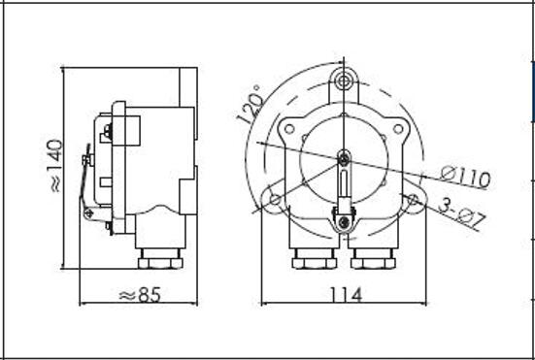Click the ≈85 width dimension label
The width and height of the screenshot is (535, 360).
pyautogui.click(x=140, y=295)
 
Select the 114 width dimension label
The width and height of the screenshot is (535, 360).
pyautogui.click(x=346, y=295)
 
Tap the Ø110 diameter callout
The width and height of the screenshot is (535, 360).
pyautogui.click(x=465, y=178)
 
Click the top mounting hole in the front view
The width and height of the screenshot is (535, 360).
pyautogui.click(x=344, y=82)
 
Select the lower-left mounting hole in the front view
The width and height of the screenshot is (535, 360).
pyautogui.click(x=275, y=200)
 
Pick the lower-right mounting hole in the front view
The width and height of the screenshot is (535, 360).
pyautogui.click(x=413, y=200)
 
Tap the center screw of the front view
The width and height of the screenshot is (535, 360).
pyautogui.click(x=344, y=158)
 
